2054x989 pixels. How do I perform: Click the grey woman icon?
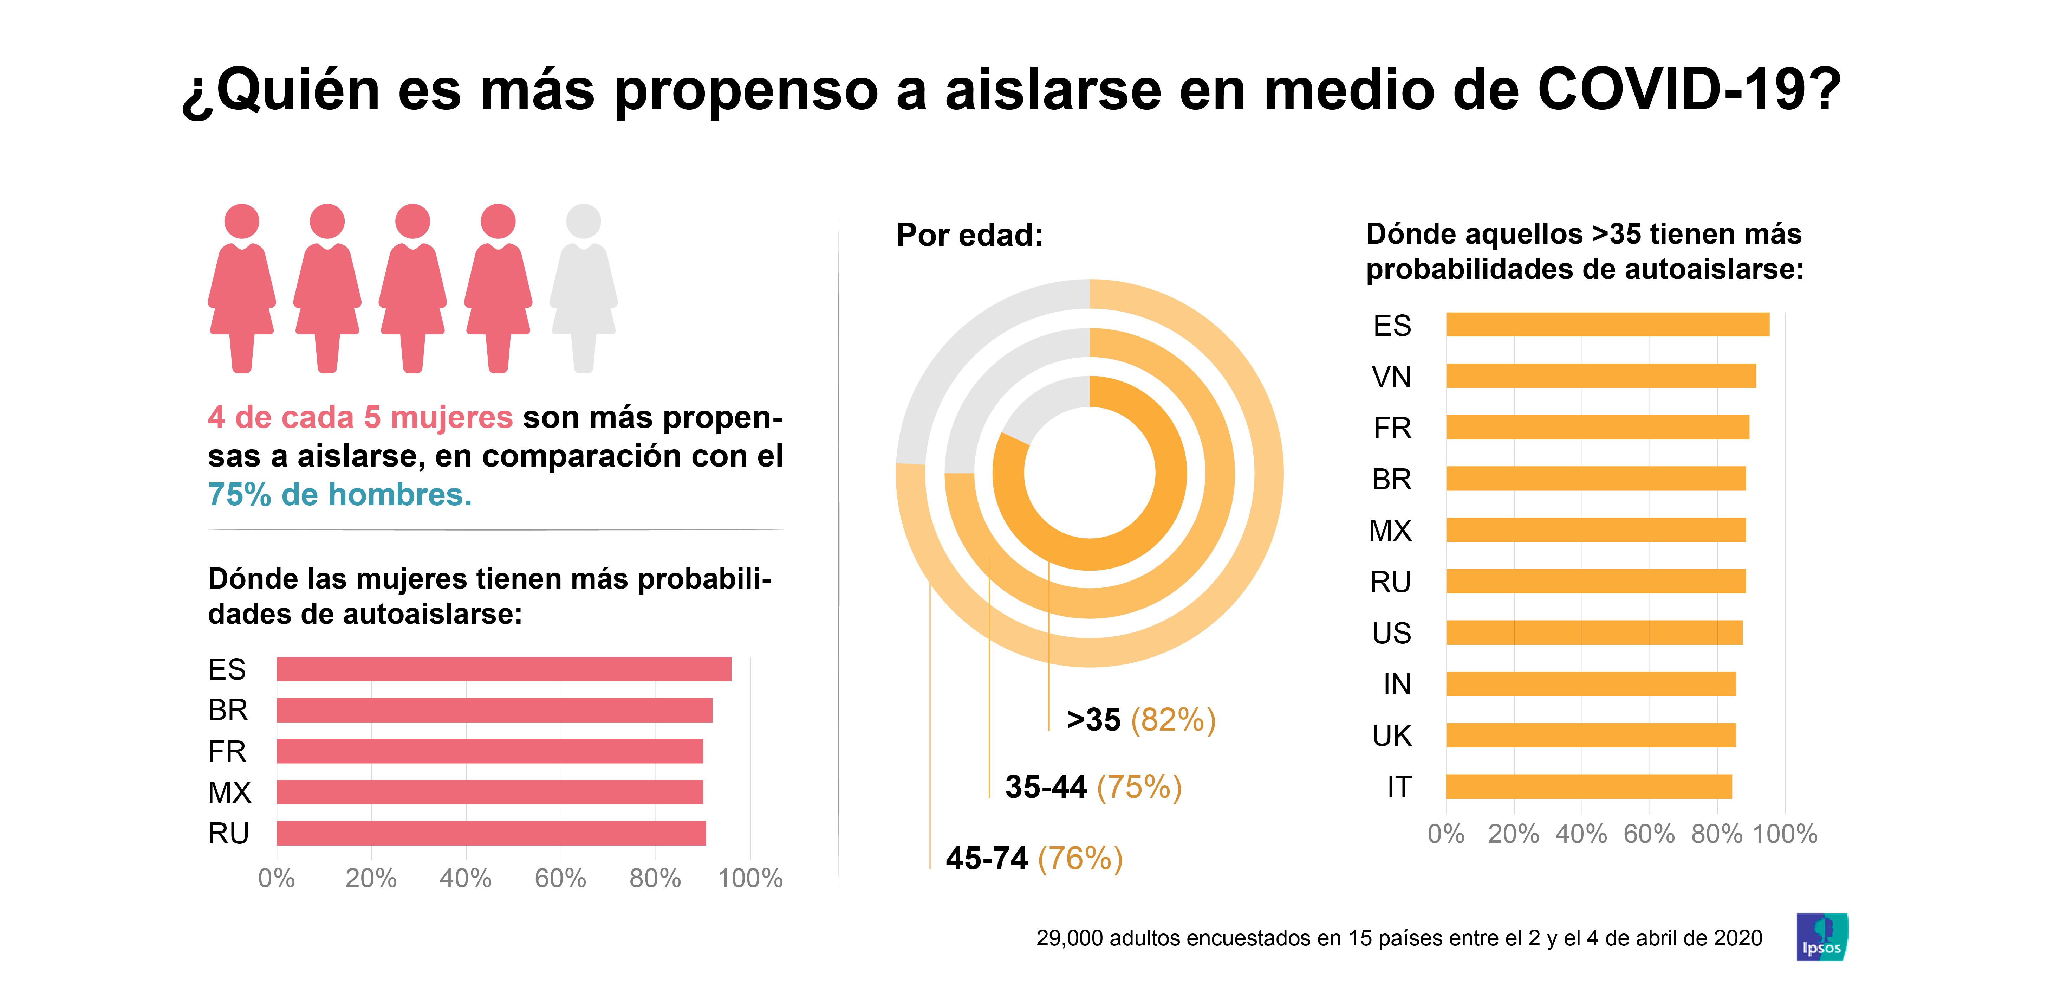point(584,287)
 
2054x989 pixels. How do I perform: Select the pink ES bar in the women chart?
point(504,669)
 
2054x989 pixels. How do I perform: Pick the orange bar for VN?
point(1601,375)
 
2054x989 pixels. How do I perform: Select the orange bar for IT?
point(1589,786)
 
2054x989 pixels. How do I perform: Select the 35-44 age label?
point(1045,787)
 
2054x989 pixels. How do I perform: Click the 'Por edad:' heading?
point(970,235)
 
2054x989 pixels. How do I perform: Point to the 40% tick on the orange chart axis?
point(1581,834)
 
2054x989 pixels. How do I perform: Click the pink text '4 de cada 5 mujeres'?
point(360,417)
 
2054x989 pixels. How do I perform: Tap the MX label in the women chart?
point(230,792)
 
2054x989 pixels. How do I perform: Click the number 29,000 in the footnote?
point(1068,938)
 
